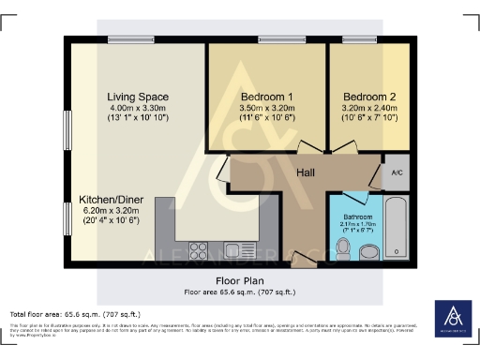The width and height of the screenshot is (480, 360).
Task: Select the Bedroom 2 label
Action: pos(370,97)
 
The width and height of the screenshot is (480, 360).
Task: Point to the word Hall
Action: pos(307,172)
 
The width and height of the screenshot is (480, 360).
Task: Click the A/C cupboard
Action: pos(396,173)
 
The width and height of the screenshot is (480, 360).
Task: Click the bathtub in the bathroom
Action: pos(396,228)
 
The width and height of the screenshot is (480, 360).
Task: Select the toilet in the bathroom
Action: pos(344,247)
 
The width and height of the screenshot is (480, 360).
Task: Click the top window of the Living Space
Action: pos(122,39)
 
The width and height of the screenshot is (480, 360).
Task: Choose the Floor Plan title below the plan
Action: pos(240,279)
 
